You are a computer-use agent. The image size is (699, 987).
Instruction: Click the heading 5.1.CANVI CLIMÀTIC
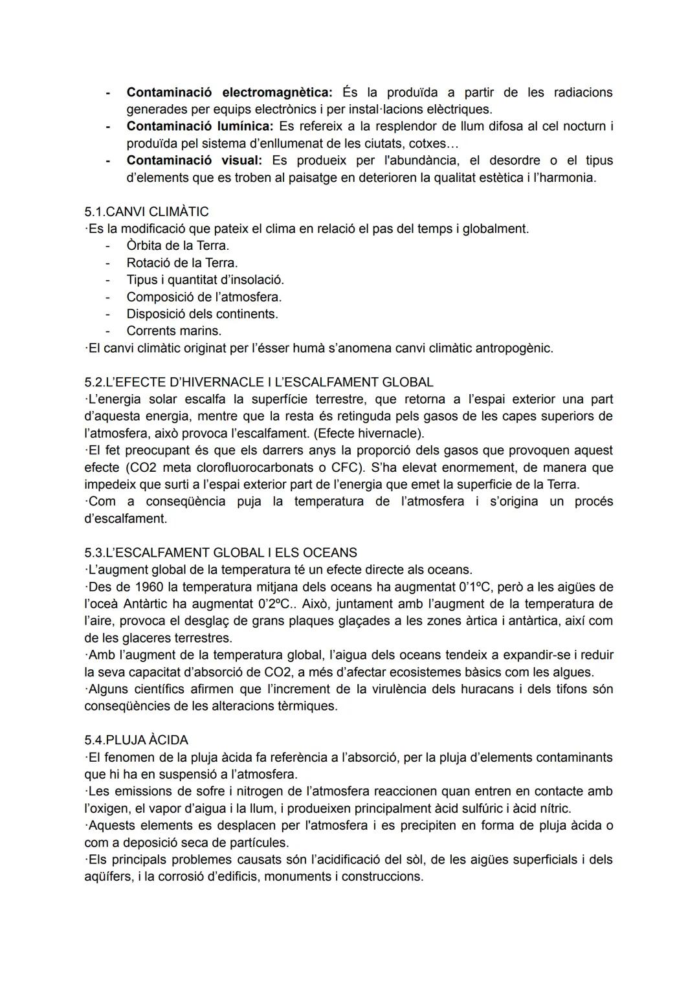(146, 212)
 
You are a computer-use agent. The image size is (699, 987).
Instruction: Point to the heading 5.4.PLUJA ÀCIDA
(136, 740)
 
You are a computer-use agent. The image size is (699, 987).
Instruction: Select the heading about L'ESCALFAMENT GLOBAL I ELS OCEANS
(220, 553)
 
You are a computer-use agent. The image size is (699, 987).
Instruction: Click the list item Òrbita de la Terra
(177, 246)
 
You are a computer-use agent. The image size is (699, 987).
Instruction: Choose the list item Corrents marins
(173, 331)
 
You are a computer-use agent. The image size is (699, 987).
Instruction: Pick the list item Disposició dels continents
(202, 314)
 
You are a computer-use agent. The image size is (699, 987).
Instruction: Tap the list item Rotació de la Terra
(182, 263)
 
